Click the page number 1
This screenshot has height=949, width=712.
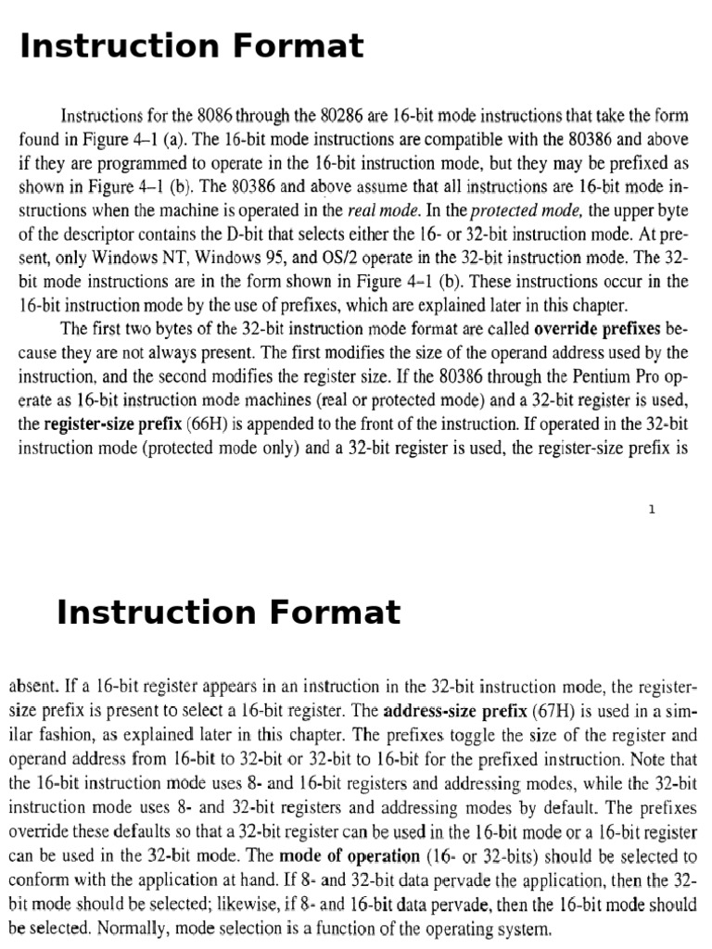[653, 509]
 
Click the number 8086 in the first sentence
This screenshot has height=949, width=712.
[218, 116]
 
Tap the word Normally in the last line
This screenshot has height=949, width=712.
[120, 929]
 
